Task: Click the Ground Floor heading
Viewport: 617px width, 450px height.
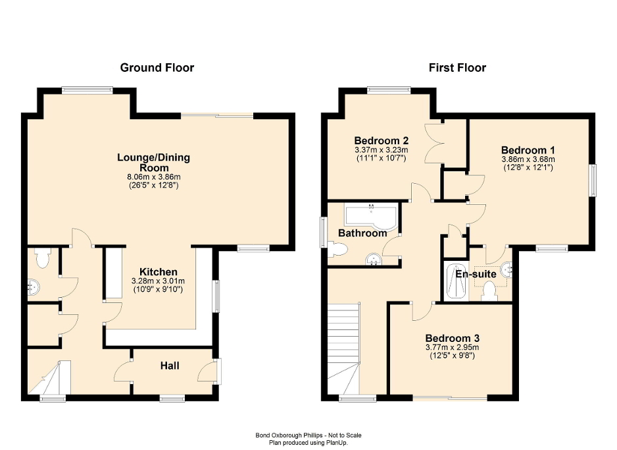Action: (x=157, y=67)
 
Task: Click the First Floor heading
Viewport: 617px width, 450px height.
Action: (x=457, y=67)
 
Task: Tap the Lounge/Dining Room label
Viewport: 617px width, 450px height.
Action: (x=153, y=163)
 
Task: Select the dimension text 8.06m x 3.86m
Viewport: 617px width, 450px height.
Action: (x=153, y=177)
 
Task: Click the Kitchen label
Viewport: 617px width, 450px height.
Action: (x=158, y=271)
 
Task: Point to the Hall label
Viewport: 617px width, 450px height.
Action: (x=170, y=366)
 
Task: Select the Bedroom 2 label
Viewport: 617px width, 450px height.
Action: (x=382, y=140)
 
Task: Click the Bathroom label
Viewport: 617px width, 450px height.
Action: (x=362, y=233)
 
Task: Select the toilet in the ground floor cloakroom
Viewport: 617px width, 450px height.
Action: (x=43, y=259)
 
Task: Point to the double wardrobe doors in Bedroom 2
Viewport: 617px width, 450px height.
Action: (x=435, y=144)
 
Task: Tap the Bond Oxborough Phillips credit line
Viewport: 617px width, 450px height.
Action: (x=308, y=435)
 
